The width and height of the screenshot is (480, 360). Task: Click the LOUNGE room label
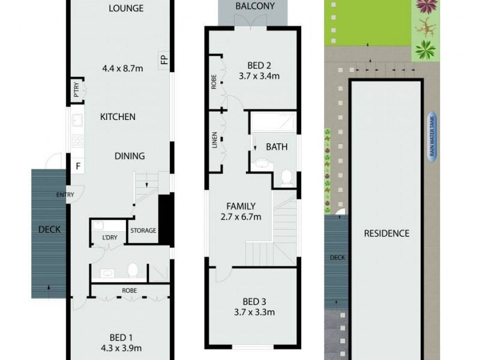(x=126, y=8)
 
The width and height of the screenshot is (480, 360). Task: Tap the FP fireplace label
(x=163, y=59)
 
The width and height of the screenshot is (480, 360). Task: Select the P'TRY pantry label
(x=76, y=89)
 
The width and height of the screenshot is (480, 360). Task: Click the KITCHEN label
(x=118, y=117)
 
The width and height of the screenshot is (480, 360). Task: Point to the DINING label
(x=130, y=156)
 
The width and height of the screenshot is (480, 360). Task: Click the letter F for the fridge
(x=78, y=166)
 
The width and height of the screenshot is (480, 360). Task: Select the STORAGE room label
(x=143, y=230)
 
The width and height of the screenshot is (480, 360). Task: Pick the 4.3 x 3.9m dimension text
(x=122, y=347)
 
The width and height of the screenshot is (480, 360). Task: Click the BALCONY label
(x=256, y=7)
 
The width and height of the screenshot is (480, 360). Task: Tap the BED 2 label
(x=260, y=65)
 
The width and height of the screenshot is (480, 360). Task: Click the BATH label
(x=277, y=146)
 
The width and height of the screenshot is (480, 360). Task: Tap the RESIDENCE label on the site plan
(x=387, y=233)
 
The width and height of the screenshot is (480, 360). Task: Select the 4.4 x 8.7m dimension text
(x=122, y=68)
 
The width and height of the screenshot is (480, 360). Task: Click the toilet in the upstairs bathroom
(x=286, y=176)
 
